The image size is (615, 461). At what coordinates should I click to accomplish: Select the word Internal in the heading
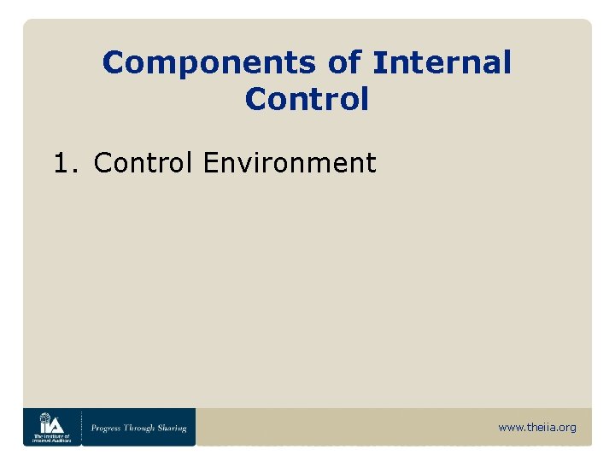click(x=442, y=62)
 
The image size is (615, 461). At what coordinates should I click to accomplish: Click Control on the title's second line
click(x=307, y=99)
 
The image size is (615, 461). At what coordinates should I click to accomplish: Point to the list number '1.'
click(x=66, y=162)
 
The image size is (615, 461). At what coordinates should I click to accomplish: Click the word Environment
click(x=290, y=162)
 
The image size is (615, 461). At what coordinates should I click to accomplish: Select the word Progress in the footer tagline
click(x=108, y=428)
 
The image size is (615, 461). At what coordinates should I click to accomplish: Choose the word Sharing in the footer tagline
click(x=172, y=428)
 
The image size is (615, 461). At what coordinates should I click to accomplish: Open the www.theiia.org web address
click(x=536, y=428)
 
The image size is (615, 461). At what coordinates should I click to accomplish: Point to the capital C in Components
click(x=113, y=62)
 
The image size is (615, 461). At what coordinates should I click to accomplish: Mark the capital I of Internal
click(x=378, y=62)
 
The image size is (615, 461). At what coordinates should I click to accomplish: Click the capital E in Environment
click(x=210, y=162)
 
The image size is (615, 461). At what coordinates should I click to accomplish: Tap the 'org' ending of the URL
click(x=567, y=428)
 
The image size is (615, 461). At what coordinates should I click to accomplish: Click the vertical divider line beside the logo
click(x=82, y=427)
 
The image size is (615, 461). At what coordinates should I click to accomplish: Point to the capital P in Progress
click(x=94, y=428)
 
